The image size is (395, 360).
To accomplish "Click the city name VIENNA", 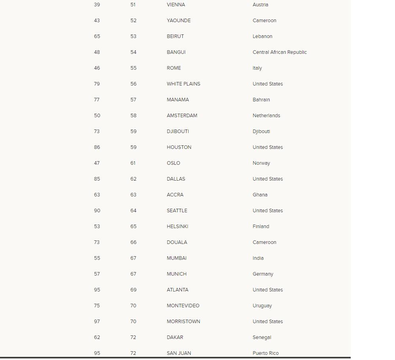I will coord(176,5).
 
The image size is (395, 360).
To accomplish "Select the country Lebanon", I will coord(262,36).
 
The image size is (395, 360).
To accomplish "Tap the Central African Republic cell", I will coord(279,52).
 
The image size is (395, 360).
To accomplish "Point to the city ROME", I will coord(174,68).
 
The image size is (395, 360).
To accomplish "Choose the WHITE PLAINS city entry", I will coord(183,84).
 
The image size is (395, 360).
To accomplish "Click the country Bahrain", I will coord(261,100).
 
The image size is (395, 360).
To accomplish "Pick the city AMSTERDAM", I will coord(182,116).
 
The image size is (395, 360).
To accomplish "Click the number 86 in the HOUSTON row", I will coord(97,147).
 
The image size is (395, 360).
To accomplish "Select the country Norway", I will coord(261,163).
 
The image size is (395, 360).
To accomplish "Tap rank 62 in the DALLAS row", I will coord(133,179).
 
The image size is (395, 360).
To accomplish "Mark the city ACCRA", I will coord(175,195).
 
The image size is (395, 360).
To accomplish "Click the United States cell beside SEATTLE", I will coord(268,211).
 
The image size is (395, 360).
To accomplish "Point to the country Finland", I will coord(261,227).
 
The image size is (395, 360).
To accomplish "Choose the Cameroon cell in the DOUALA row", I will coord(264,242).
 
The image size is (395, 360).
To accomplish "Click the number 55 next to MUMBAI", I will coord(97,258).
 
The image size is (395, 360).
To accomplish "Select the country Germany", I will coord(263,274).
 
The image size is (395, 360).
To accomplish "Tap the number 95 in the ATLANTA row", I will coord(97,290).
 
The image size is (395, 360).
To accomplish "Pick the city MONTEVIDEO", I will coord(183,306).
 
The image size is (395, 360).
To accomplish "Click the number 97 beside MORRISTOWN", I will coord(97,322).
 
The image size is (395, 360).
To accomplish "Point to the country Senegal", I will coord(262,337).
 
